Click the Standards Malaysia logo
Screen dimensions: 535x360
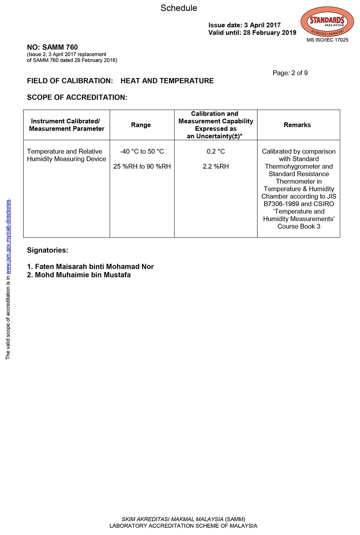point(327,22)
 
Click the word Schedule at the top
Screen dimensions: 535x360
point(179,8)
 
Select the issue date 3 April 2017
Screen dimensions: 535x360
point(262,25)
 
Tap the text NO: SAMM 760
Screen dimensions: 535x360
point(52,47)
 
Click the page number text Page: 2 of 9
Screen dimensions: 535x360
point(290,73)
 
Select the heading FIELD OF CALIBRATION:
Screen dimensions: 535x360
point(70,81)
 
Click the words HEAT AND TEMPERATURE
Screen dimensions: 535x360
point(167,81)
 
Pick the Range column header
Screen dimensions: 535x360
point(141,125)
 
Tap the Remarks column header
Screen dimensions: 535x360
point(297,125)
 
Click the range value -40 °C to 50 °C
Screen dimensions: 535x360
point(142,152)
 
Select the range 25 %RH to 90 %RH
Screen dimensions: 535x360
point(142,166)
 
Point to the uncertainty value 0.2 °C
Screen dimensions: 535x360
point(216,152)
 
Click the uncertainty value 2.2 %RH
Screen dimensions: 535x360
point(216,166)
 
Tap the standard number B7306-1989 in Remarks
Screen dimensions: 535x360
point(281,204)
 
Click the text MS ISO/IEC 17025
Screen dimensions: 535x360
point(327,40)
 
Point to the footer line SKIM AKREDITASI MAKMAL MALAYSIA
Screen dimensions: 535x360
point(172,519)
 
